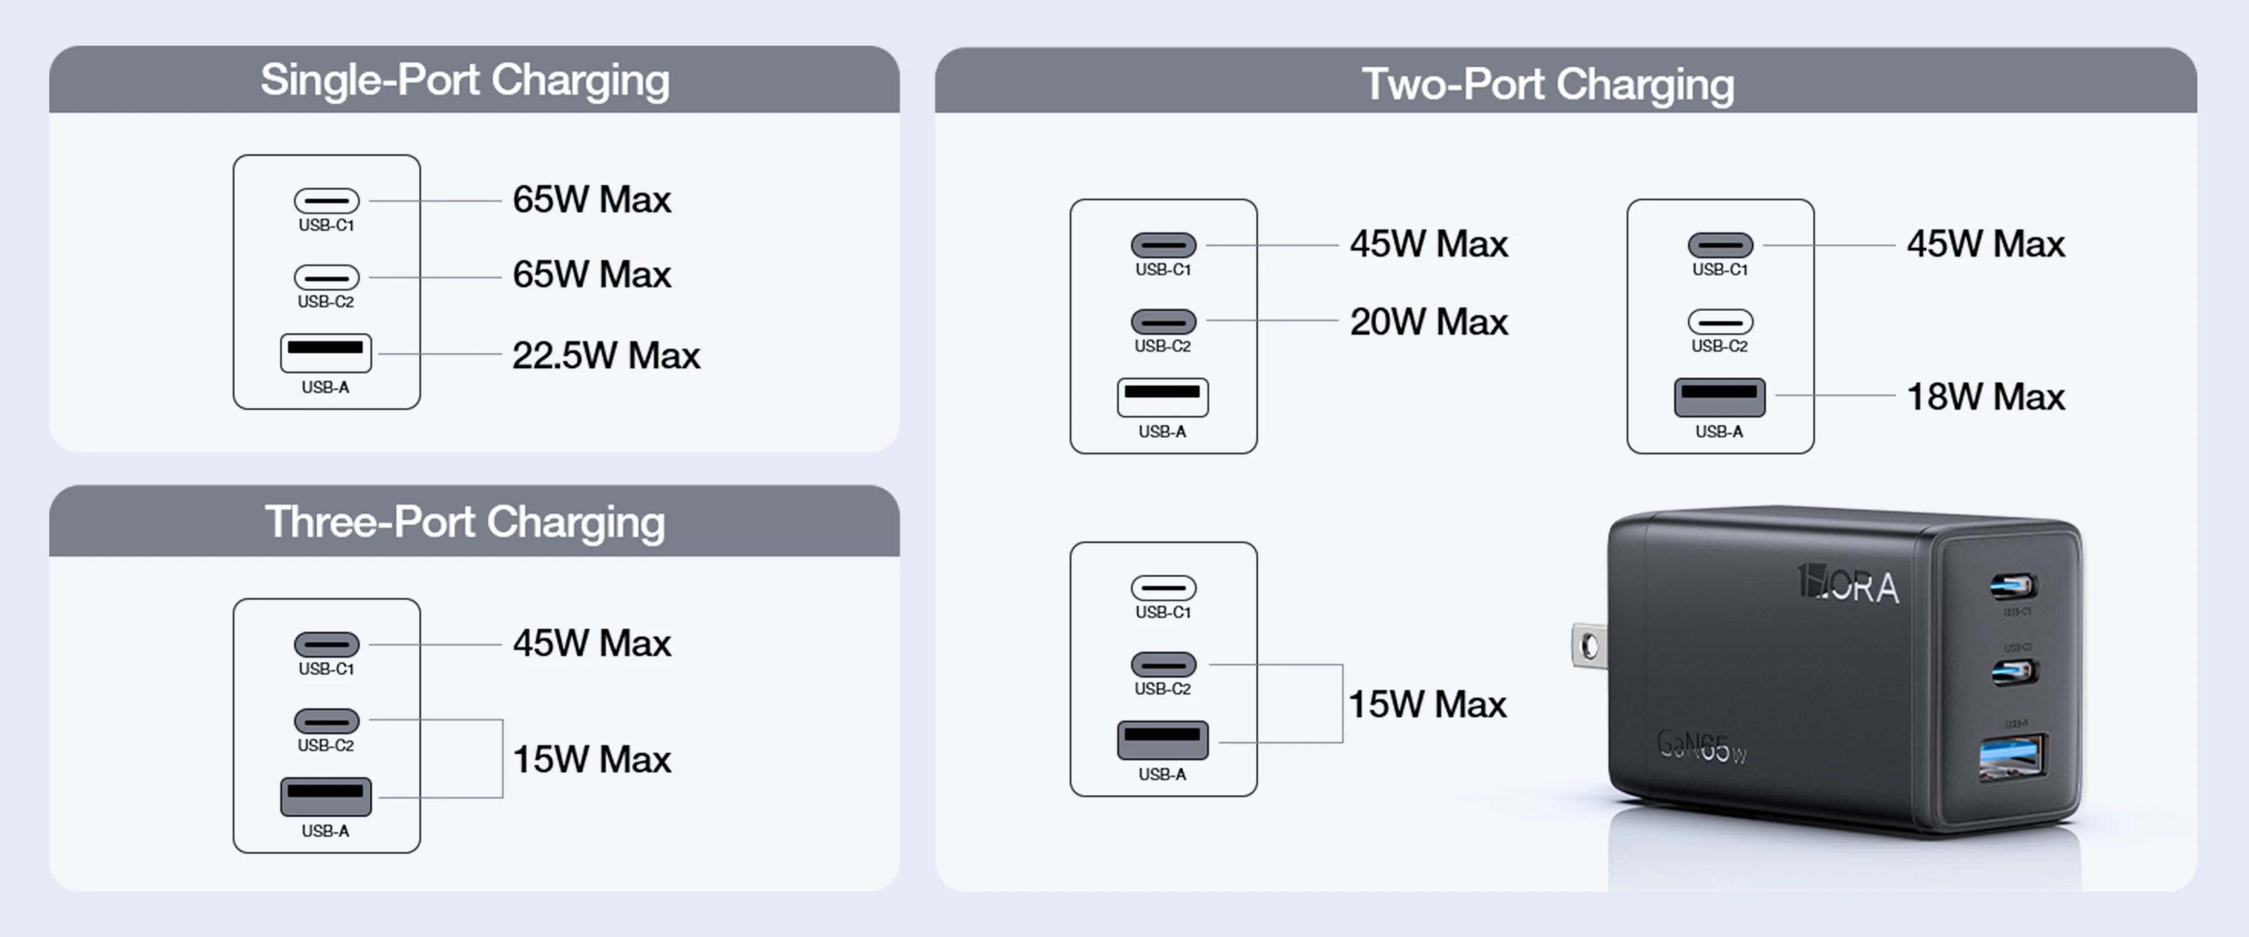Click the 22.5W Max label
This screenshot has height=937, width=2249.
point(606,355)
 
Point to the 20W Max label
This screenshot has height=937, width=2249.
point(1428,322)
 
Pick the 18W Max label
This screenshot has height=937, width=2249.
point(1985,397)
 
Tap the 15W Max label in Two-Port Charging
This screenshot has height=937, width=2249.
point(1427,705)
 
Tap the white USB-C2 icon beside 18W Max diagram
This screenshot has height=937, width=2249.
point(1720,322)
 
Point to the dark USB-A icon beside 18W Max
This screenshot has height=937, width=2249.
point(1719,397)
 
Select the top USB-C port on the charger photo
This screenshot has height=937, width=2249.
point(2014,586)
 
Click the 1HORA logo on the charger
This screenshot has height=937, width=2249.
point(1848,584)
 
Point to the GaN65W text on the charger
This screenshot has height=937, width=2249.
point(1701,747)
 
